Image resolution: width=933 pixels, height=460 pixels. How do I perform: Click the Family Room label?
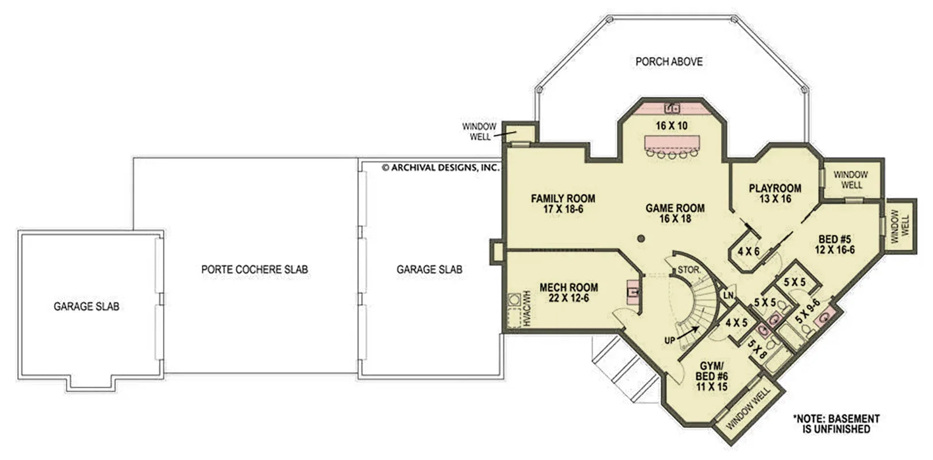coord(562,204)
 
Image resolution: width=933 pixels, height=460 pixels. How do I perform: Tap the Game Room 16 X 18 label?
coord(674,213)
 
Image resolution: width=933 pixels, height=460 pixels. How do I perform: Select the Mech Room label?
coord(568,292)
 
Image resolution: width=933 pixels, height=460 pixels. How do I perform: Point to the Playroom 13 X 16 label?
coord(774,193)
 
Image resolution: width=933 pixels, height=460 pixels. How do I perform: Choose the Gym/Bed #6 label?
coord(712,376)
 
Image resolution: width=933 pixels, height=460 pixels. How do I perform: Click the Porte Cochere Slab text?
coord(255,269)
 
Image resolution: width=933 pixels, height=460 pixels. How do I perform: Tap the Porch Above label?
coord(669,62)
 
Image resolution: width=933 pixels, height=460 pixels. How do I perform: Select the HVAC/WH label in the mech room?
coord(525,310)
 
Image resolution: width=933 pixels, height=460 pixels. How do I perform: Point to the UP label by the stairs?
coord(669,340)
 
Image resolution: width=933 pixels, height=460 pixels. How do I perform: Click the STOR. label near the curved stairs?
coord(688,269)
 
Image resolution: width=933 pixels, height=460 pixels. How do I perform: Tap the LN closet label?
coord(728,296)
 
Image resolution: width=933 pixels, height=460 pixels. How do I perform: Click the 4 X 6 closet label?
coord(748,251)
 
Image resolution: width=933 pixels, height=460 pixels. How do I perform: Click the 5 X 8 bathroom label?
coord(757,349)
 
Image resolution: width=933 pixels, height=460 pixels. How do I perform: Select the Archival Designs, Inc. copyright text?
coord(441,168)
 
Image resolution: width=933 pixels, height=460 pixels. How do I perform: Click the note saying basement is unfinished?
coord(836,424)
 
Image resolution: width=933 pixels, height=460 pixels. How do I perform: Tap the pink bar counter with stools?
coord(671,142)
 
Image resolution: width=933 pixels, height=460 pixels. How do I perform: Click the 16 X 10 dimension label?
coord(671,125)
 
